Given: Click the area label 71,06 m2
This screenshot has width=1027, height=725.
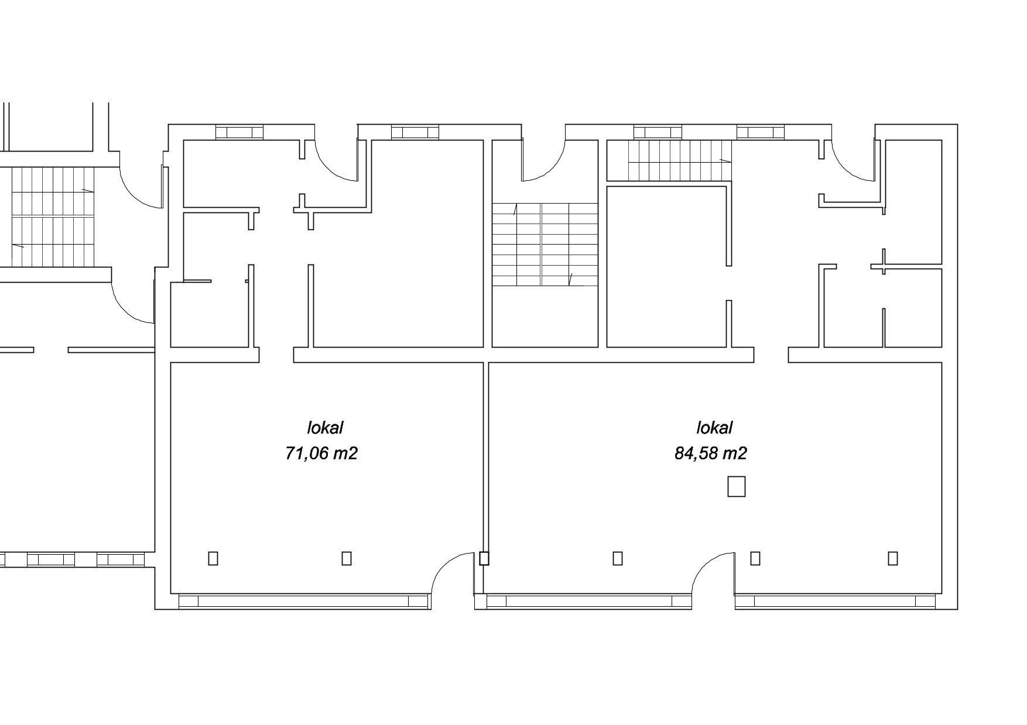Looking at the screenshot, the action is (x=321, y=453).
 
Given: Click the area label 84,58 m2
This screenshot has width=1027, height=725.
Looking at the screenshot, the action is (x=710, y=453).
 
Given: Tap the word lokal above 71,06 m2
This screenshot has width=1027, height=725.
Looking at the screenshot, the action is (x=325, y=428).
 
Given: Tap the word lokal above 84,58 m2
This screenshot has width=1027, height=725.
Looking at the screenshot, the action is (x=714, y=428).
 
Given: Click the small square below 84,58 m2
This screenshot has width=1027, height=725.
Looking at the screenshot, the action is (x=736, y=486).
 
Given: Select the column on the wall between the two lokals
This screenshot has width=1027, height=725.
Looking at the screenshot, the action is (x=484, y=558).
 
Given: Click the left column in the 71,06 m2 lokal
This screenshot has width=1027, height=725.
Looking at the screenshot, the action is (x=213, y=558).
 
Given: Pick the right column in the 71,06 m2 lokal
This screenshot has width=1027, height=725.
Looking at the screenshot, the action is (x=347, y=558).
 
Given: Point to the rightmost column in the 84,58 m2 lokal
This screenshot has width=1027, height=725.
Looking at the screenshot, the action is (x=893, y=558).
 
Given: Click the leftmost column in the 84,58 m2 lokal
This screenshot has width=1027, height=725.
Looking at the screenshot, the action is (x=618, y=558).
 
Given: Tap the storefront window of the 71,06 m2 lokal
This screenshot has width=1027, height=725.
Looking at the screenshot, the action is (x=304, y=602).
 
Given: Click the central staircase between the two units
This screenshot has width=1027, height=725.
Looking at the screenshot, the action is (x=544, y=244).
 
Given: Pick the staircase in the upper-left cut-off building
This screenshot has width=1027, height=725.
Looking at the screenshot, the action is (x=53, y=217).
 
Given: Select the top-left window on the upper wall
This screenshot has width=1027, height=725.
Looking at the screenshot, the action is (x=239, y=132).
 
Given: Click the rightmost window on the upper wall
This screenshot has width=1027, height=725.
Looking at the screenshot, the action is (x=760, y=132).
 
